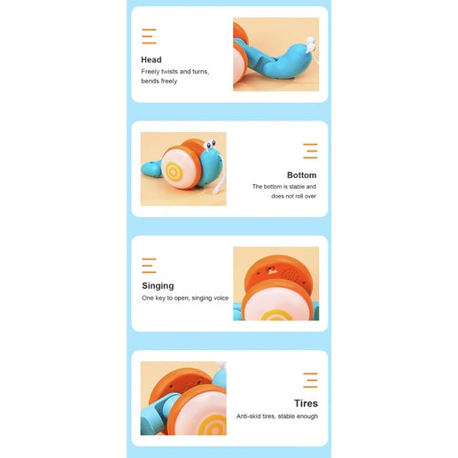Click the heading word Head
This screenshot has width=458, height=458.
coord(151,59)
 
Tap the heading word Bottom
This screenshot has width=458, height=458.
coord(301,175)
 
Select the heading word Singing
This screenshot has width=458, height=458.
coord(158,286)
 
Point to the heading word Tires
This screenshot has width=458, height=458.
coord(306,403)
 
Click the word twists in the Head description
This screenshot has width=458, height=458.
coord(169,72)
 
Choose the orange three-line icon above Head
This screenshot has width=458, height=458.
coord(149,36)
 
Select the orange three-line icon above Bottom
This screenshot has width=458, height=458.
coord(310,151)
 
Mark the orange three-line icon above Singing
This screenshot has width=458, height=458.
coord(149,266)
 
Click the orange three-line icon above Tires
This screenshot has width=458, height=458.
coord(310,380)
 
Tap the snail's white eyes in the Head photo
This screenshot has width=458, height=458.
coord(310,44)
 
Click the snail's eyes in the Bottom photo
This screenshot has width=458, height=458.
coord(210,145)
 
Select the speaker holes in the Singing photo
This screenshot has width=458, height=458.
coord(291,274)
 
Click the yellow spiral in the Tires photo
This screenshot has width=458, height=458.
coord(213,424)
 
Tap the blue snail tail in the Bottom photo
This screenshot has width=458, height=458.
coord(151,169)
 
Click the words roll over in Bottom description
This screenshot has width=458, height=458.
coord(306,196)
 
